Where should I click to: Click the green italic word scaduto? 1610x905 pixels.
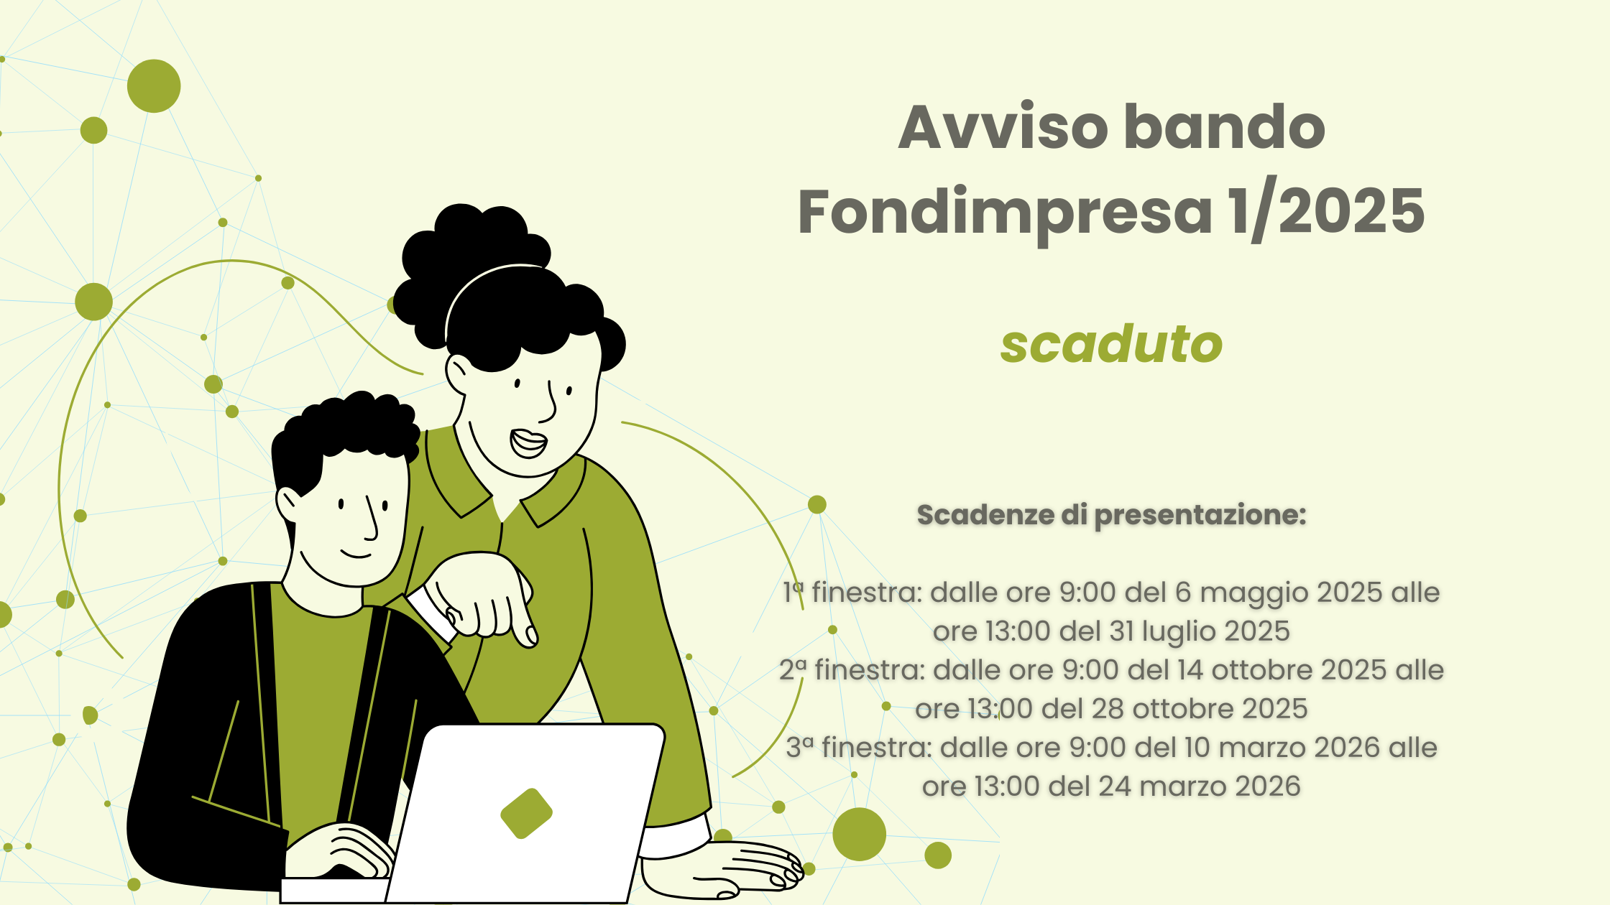(1111, 344)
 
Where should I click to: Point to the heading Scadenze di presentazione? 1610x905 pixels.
(1111, 515)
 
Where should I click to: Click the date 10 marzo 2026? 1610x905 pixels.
(1282, 748)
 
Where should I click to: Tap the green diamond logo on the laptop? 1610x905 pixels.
(526, 813)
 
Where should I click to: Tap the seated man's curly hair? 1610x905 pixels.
(345, 431)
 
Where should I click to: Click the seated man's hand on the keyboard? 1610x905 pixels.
(345, 851)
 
